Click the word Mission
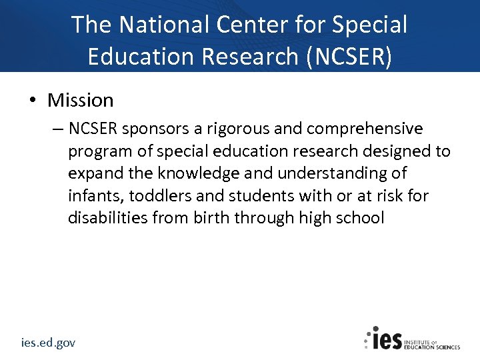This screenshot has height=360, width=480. pos(80,101)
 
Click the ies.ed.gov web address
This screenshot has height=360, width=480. pos(47,343)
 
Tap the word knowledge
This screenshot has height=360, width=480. pos(195,174)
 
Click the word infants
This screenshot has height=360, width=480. pos(95,196)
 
